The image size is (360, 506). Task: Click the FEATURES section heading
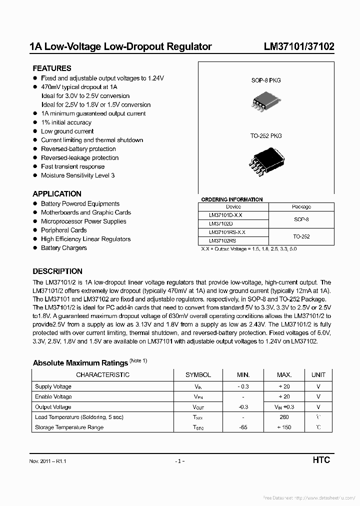click(52, 68)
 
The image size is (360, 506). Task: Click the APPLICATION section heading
click(57, 194)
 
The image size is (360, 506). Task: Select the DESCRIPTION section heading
click(57, 271)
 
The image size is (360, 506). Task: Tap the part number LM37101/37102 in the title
click(299, 47)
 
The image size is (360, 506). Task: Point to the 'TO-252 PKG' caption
click(266, 136)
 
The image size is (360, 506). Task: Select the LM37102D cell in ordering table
click(220, 223)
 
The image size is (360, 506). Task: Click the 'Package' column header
click(301, 206)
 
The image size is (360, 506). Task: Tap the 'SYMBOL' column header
click(198, 374)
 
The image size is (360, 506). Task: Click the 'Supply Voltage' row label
click(53, 386)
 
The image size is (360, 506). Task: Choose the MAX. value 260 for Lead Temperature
click(284, 417)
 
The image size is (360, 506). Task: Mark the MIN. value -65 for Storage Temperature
click(242, 427)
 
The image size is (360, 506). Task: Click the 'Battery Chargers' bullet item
click(64, 248)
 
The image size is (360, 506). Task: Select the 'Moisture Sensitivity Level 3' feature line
click(77, 175)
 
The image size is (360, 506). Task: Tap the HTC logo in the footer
click(321, 460)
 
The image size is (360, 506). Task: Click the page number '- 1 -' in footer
click(180, 461)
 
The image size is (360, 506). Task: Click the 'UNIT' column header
click(318, 374)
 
